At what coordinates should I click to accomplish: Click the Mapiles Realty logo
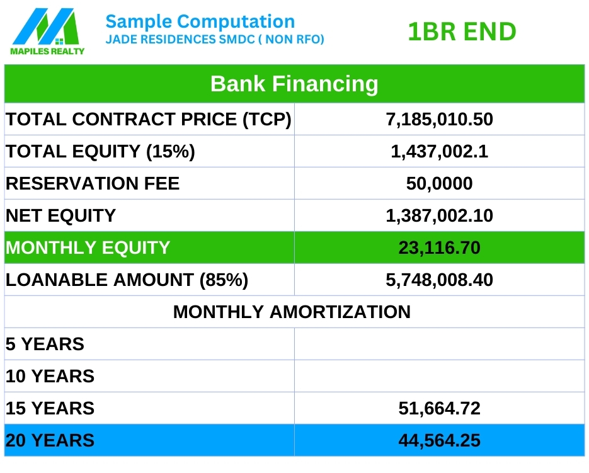point(47,31)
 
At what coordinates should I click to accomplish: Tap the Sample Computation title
point(200,22)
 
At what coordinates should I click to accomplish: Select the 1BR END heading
point(462,31)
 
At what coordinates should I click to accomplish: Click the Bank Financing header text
point(294,84)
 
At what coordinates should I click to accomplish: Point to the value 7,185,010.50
point(439,120)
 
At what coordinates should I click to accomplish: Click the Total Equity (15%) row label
point(100,152)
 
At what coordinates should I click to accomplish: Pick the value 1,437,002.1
point(439,152)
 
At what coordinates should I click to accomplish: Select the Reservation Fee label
point(93,184)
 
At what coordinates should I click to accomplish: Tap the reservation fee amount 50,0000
point(439,184)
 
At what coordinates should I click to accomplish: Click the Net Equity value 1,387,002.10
point(439,216)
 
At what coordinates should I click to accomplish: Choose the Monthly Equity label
point(88,248)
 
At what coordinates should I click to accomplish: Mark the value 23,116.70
point(439,248)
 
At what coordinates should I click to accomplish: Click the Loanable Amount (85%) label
point(127,280)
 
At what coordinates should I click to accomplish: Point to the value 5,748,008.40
point(439,280)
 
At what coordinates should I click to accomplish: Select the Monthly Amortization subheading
point(292,312)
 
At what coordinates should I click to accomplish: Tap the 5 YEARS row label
point(45,344)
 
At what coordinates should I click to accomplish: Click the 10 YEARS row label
point(50,377)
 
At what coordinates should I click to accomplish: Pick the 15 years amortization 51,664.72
point(439,409)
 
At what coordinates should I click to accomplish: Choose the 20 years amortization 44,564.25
point(439,441)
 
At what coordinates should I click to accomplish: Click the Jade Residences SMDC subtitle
point(215,40)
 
